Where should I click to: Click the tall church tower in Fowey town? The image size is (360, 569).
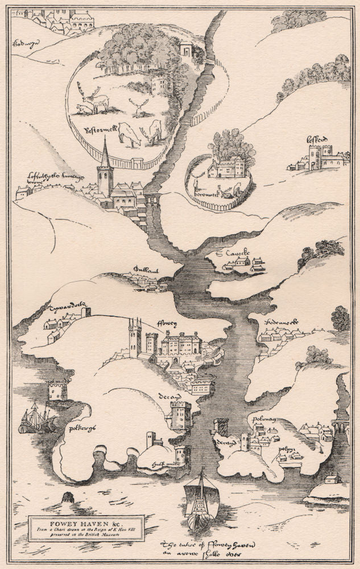click(x=135, y=339)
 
